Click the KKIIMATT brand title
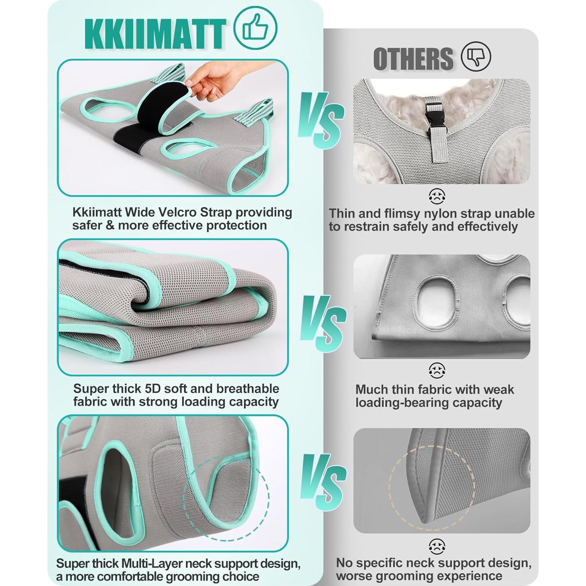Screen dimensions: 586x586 coord(155,33)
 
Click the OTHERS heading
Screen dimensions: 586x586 coord(413,59)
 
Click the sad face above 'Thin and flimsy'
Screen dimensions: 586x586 coord(437,196)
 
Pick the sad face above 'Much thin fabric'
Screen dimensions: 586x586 coord(437,370)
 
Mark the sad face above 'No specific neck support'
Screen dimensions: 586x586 coord(437,546)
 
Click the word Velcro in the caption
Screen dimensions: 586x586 coord(178,212)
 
